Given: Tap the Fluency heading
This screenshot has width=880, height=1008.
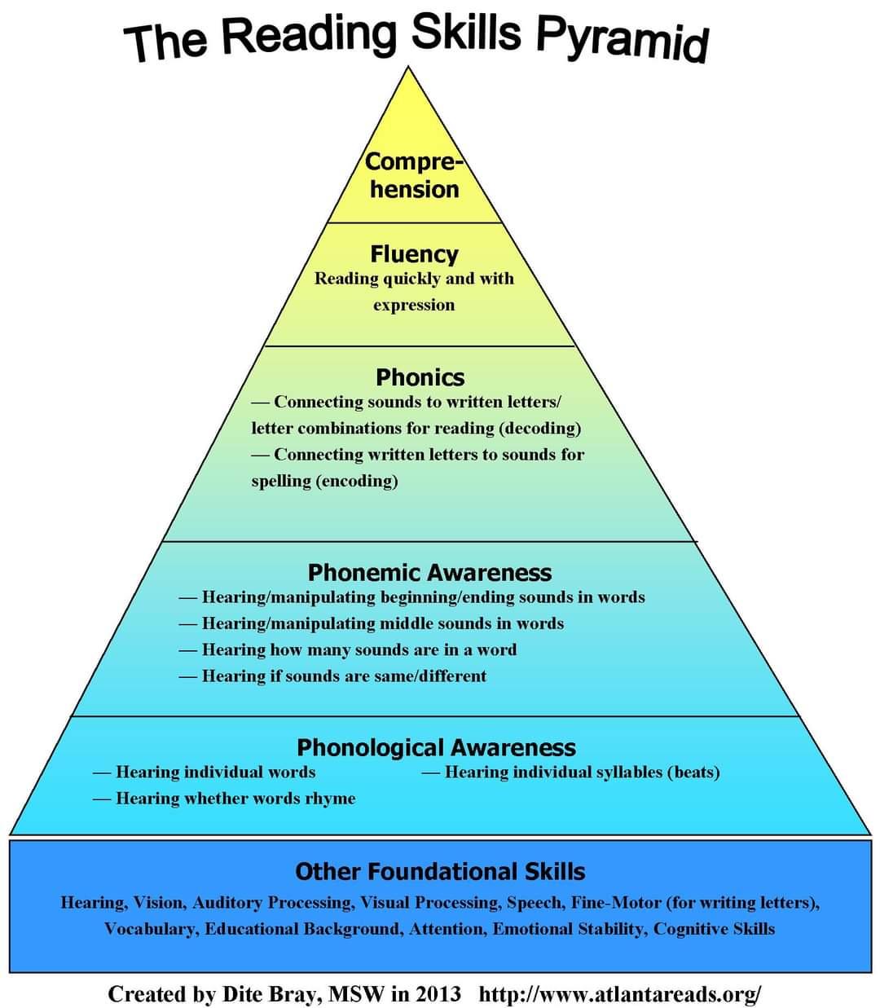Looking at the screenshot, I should coord(414,254).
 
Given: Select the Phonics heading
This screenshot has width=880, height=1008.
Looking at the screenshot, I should coord(420,377).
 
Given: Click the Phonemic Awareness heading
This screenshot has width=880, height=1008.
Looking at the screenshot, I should coord(429,573).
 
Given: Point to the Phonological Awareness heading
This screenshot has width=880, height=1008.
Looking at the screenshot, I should coord(436,747).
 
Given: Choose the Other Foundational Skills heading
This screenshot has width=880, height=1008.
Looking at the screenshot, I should coord(440,872).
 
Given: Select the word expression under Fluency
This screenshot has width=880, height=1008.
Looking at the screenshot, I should coord(414,305).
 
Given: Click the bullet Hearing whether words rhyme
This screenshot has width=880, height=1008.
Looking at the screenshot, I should coord(235,798).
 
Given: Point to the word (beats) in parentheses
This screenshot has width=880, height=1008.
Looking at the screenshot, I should coord(693,772).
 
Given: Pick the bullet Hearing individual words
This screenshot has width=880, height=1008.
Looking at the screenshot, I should coord(215,772).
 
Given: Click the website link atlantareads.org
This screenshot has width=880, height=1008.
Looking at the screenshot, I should coord(620,994).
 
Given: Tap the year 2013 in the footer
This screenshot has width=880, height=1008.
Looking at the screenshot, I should coord(438,994).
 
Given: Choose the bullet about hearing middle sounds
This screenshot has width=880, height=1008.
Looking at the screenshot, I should coord(382,623).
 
